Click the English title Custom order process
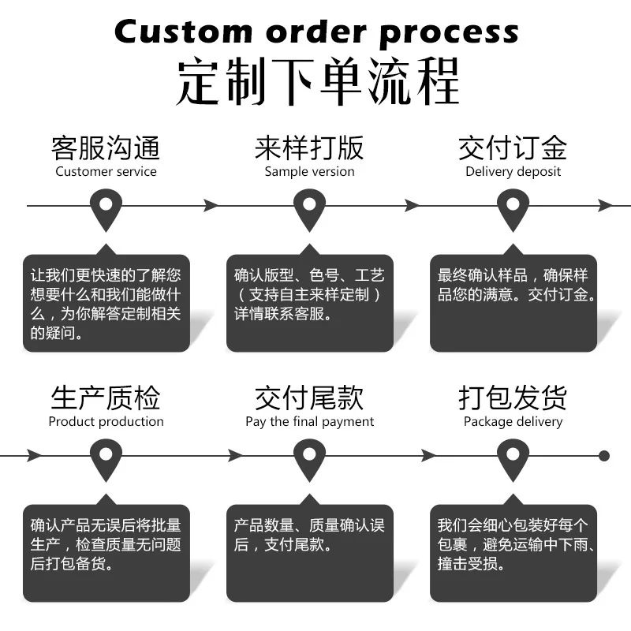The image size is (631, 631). point(316,32)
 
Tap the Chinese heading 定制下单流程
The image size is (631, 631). point(316,82)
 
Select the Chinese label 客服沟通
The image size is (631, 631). point(106,147)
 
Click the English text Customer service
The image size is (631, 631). point(106,172)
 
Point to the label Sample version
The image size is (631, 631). point(309,172)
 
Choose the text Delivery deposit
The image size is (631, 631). point(513,172)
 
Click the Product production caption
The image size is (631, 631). point(106,421)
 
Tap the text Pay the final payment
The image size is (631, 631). point(309,421)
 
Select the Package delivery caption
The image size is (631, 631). point(513,421)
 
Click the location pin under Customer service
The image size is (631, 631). point(106,207)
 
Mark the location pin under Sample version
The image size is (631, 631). point(309,207)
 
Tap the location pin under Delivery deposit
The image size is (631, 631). point(513,207)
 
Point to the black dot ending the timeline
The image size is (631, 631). point(604,456)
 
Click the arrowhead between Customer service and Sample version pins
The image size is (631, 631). point(211,206)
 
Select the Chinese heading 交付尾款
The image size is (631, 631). point(309,398)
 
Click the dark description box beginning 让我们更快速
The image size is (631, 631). point(106,303)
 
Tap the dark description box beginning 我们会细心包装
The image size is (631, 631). point(513,552)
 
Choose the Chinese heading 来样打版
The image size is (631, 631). point(309,147)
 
